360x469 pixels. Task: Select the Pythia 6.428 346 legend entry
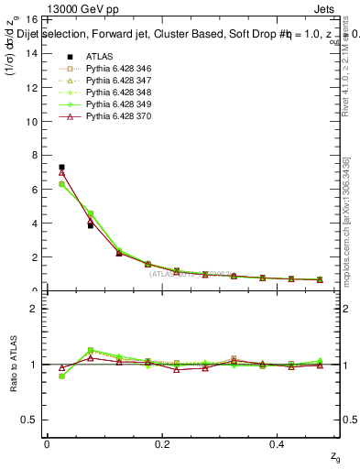coord(115,69)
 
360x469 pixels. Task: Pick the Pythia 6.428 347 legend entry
coord(115,82)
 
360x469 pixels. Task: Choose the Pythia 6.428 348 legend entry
coord(115,94)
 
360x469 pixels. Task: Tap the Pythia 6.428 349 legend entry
coord(115,107)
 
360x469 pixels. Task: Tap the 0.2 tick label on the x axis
coord(162,444)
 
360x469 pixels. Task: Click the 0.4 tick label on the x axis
coord(278,444)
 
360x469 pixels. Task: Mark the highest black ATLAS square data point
coord(61,168)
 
